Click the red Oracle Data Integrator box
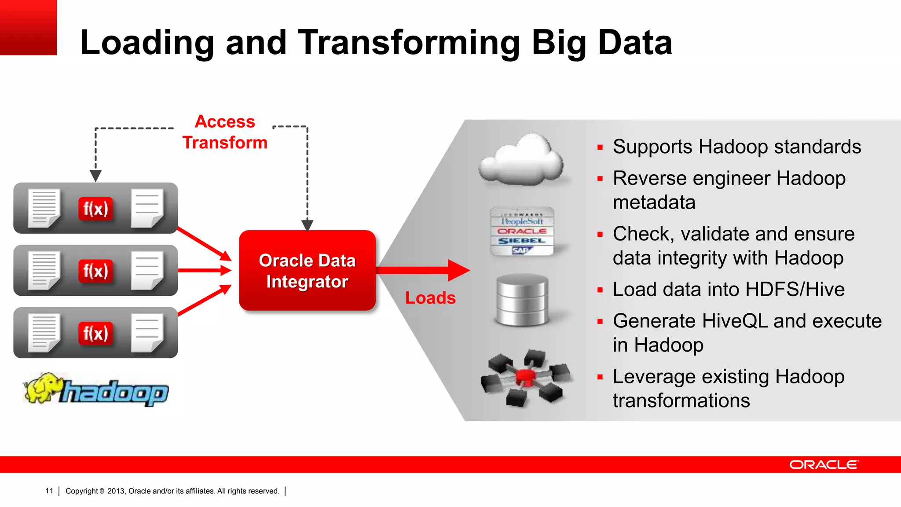click(x=307, y=270)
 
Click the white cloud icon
click(x=521, y=161)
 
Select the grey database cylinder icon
click(x=522, y=300)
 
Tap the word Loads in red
click(x=430, y=298)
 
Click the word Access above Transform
click(x=225, y=121)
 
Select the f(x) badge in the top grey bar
click(x=95, y=209)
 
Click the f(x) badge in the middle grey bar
click(x=95, y=271)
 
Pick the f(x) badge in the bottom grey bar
click(x=95, y=333)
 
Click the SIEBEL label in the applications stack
click(x=522, y=241)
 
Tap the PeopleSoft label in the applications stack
click(x=522, y=221)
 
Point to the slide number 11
click(x=49, y=491)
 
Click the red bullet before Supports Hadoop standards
click(x=600, y=147)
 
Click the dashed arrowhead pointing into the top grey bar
click(x=95, y=176)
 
